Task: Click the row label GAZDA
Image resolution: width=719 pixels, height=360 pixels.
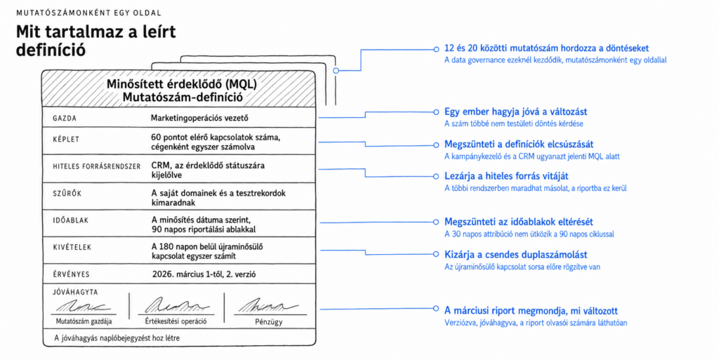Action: [x=65, y=118]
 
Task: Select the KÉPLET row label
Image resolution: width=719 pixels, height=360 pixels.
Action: [x=66, y=139]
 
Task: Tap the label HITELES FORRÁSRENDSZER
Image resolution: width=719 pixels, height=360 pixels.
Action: [x=97, y=166]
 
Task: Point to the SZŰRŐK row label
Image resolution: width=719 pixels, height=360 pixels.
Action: [x=67, y=193]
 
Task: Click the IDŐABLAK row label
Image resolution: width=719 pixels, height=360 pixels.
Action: [x=71, y=220]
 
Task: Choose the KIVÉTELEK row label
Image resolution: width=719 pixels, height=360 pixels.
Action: [x=72, y=247]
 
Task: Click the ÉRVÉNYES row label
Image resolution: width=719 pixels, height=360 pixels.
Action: [x=71, y=274]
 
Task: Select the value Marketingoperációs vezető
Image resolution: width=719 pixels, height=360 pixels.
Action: [x=199, y=118]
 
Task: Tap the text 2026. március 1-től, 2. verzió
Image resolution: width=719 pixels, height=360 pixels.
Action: [x=204, y=274]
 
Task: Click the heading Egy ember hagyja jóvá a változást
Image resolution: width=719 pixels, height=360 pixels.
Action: [x=516, y=112]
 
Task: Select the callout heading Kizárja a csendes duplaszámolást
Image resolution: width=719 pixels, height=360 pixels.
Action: [x=516, y=255]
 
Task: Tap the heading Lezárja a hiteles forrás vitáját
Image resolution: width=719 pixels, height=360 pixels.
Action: [x=506, y=176]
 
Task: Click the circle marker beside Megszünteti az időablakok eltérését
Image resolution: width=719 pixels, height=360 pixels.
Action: [x=436, y=222]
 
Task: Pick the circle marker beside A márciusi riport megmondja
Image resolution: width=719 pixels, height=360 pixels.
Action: [x=436, y=309]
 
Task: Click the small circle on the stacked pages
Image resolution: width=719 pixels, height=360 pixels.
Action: [x=336, y=71]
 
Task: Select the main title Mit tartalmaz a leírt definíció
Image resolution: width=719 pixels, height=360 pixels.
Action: [x=95, y=40]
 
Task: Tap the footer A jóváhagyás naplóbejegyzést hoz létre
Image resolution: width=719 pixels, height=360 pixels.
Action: [x=117, y=338]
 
